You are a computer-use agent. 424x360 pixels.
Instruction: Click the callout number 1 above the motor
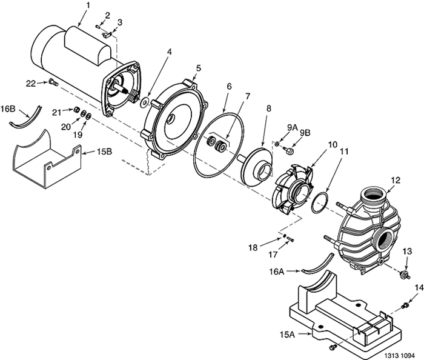(87, 5)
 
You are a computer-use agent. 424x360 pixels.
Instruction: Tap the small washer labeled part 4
(144, 102)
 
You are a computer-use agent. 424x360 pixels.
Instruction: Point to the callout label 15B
(105, 152)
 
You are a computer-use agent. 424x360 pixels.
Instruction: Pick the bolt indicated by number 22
(53, 82)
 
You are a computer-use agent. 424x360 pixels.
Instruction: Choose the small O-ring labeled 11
(320, 202)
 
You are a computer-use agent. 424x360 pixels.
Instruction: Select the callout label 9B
(305, 133)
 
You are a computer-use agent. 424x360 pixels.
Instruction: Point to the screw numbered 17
(290, 239)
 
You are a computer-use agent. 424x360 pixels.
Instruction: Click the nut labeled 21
(76, 109)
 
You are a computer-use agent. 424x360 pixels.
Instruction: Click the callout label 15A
(287, 335)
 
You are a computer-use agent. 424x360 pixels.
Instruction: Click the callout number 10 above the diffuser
(333, 145)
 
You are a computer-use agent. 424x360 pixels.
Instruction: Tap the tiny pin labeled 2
(98, 26)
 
